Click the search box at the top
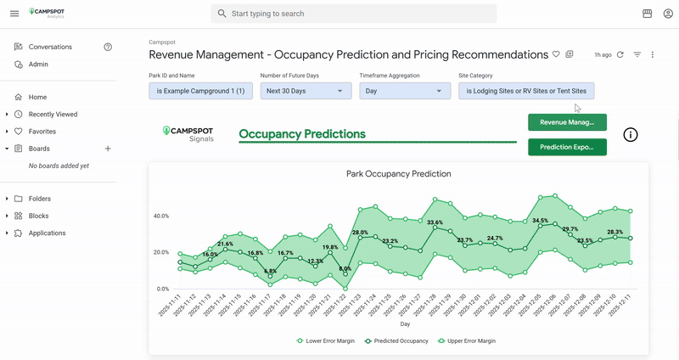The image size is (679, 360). [353, 14]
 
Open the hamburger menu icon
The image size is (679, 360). [14, 14]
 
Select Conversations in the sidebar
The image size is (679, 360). [50, 47]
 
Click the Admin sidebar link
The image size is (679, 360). [38, 65]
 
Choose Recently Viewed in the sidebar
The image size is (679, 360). [53, 114]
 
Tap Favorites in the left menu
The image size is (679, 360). [42, 132]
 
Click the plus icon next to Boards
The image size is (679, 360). [108, 149]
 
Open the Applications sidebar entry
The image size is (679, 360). [47, 233]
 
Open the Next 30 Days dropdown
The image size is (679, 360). [305, 91]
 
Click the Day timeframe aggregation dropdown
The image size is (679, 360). [404, 91]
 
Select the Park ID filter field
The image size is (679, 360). [200, 91]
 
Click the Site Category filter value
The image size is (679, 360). [526, 91]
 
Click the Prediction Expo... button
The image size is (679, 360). [567, 147]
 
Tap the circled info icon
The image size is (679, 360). [631, 135]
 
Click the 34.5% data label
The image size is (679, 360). [541, 221]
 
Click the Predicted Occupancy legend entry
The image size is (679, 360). [396, 340]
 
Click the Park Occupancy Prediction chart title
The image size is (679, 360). [399, 173]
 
